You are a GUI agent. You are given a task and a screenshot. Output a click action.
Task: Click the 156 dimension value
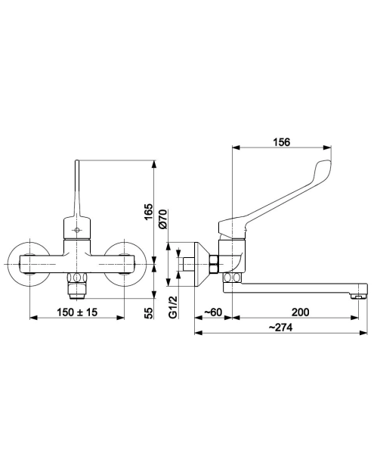pyautogui.click(x=281, y=142)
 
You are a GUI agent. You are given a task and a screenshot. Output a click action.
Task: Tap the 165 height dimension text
pyautogui.click(x=149, y=212)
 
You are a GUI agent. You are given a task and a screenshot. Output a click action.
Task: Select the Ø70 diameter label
pyautogui.click(x=162, y=219)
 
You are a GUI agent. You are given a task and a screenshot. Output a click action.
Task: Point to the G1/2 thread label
pyautogui.click(x=172, y=307)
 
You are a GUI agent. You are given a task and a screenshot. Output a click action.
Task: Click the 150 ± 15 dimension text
pyautogui.click(x=77, y=312)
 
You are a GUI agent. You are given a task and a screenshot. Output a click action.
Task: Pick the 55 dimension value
pyautogui.click(x=149, y=313)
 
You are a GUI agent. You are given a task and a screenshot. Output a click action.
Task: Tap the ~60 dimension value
pyautogui.click(x=213, y=312)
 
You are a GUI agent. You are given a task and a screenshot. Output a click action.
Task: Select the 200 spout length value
pyautogui.click(x=300, y=312)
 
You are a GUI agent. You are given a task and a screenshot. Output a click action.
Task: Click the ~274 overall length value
pyautogui.click(x=280, y=328)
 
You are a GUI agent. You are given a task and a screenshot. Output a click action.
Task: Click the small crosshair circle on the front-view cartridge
pyautogui.click(x=77, y=230)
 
